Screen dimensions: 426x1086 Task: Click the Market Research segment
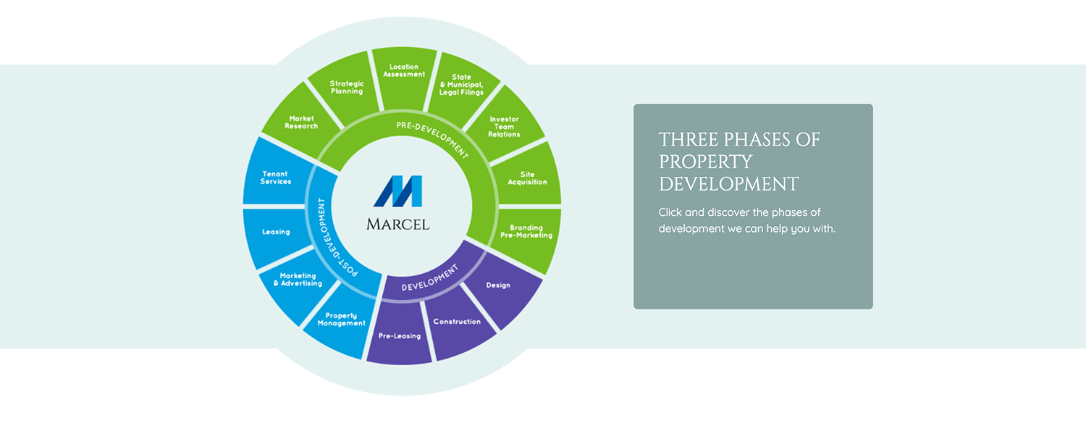[x=300, y=122]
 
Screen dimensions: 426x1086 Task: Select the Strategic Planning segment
[x=347, y=87]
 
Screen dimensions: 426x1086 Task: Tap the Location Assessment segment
[x=403, y=71]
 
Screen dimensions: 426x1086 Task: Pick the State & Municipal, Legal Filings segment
[x=461, y=84]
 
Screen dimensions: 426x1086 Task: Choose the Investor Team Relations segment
[x=504, y=126]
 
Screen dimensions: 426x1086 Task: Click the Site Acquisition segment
[x=526, y=178]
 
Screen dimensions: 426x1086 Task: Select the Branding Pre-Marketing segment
[x=526, y=232]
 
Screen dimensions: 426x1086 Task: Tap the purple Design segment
[x=498, y=285]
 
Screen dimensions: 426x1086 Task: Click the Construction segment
[x=457, y=321]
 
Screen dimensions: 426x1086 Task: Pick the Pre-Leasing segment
[x=400, y=335]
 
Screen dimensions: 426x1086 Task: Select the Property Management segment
[x=341, y=319]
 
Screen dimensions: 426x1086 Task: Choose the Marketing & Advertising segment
[x=298, y=280]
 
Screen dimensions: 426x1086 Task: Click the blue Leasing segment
[x=276, y=232]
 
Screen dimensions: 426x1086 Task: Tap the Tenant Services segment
[x=276, y=177]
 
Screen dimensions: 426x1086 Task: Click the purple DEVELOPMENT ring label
[x=430, y=278]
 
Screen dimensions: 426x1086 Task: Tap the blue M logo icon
[x=398, y=191]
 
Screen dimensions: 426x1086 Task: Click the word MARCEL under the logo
[x=398, y=224]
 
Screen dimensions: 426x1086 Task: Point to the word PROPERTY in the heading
[x=706, y=162]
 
